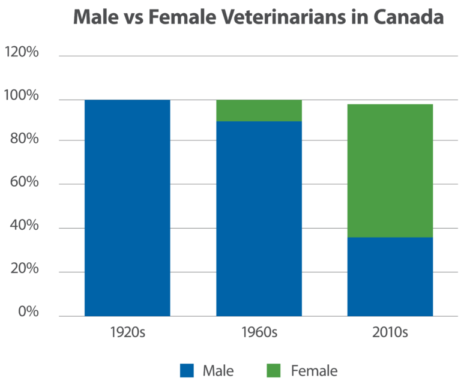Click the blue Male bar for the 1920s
[x=127, y=208]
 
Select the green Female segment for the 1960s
[x=259, y=110]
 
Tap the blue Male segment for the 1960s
[x=259, y=218]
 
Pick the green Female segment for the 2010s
[x=390, y=170]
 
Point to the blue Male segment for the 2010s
[x=390, y=277]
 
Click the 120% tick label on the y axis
[x=22, y=53]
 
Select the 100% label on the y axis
[x=22, y=97]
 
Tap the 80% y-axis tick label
[x=24, y=140]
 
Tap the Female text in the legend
[x=314, y=370]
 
